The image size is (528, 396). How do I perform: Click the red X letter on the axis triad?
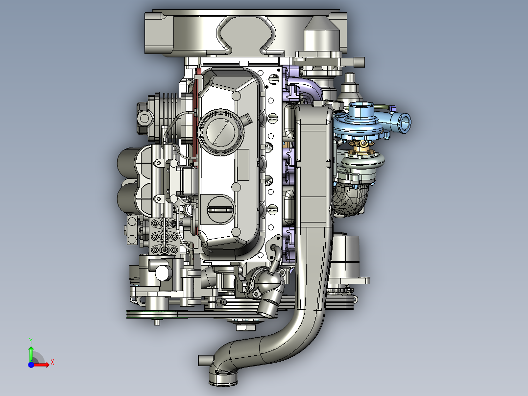(x=52, y=363)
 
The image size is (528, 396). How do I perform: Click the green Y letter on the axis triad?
(x=31, y=341)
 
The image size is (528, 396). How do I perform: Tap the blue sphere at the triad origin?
(x=31, y=365)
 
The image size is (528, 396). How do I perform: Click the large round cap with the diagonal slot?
(x=220, y=132)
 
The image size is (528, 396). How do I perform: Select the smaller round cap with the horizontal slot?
(x=220, y=209)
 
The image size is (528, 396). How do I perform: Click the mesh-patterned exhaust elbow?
(x=350, y=199)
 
